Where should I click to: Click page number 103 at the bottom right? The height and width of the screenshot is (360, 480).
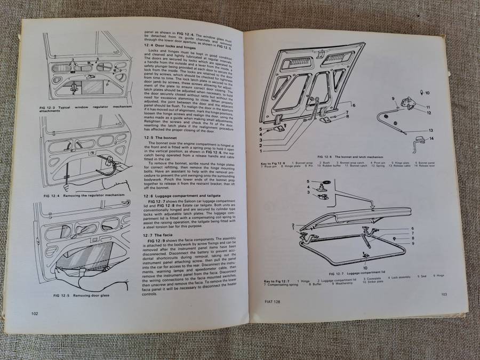pyautogui.click(x=443, y=294)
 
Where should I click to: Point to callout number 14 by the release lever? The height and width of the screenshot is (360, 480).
pyautogui.click(x=431, y=139)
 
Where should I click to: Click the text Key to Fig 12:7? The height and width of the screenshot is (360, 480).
pyautogui.click(x=276, y=281)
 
